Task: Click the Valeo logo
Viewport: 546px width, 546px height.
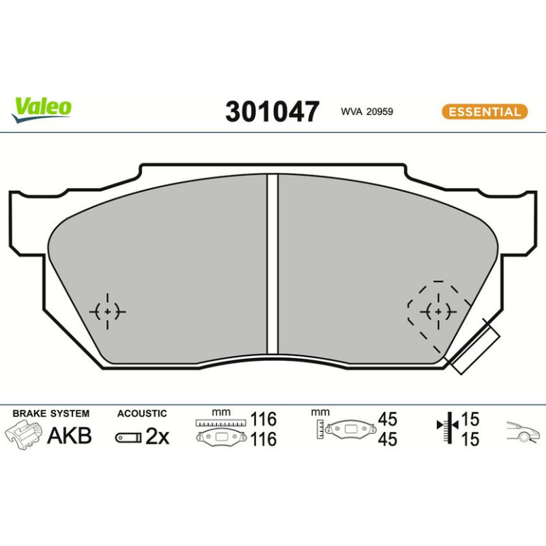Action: point(41,109)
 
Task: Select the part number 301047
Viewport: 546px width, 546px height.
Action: point(272,111)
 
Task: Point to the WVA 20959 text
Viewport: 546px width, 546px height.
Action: point(367,111)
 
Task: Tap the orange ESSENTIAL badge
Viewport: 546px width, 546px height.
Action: point(485,112)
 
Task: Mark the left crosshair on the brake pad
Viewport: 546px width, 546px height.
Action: point(107,311)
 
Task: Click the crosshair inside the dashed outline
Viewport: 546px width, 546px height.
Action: point(438,311)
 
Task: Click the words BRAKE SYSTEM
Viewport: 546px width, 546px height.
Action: point(51,413)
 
